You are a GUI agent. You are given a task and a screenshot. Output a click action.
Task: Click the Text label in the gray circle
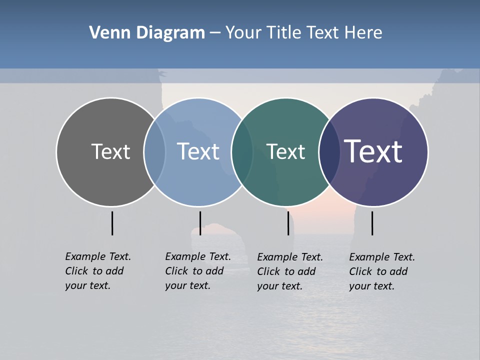[x=110, y=151]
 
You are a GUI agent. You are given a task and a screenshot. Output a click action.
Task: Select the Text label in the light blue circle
[x=198, y=151]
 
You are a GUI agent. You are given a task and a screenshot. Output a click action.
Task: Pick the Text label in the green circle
[x=285, y=151]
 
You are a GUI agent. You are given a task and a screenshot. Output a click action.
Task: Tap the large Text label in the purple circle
[x=373, y=151]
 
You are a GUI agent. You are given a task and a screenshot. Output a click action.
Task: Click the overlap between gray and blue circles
[x=154, y=151]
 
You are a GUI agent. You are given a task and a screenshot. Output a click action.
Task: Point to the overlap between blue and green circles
[x=242, y=151]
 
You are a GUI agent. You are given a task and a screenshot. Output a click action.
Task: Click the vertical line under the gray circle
[x=112, y=223]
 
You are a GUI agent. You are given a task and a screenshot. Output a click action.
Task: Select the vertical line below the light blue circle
[x=200, y=223]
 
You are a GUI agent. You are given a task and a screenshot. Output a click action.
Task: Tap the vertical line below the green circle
[x=288, y=223]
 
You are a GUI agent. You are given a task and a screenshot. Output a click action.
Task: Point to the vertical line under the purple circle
[x=372, y=223]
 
